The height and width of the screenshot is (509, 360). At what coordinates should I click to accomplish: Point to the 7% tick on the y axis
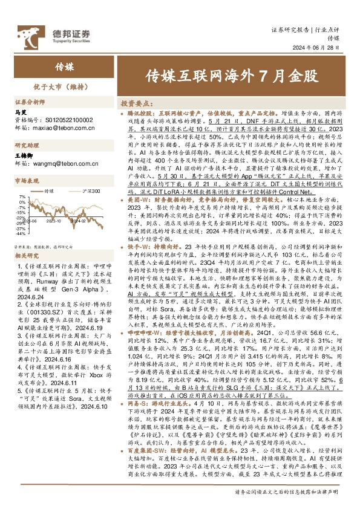(22, 197)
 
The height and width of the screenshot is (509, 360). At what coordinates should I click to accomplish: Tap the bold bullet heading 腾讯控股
(140, 112)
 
